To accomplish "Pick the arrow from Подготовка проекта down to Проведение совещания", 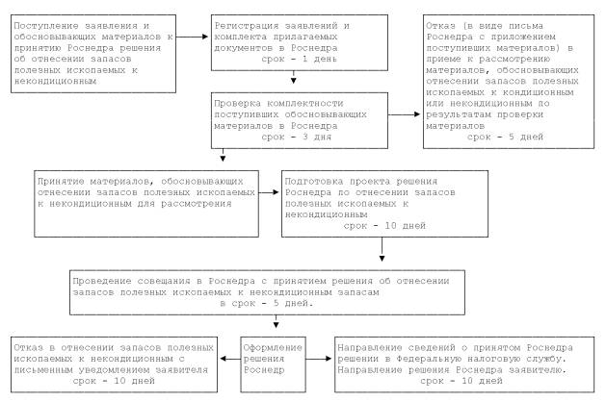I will coord(383,252).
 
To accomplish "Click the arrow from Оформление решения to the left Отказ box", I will coord(226,358).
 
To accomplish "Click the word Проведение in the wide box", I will coord(103,275).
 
